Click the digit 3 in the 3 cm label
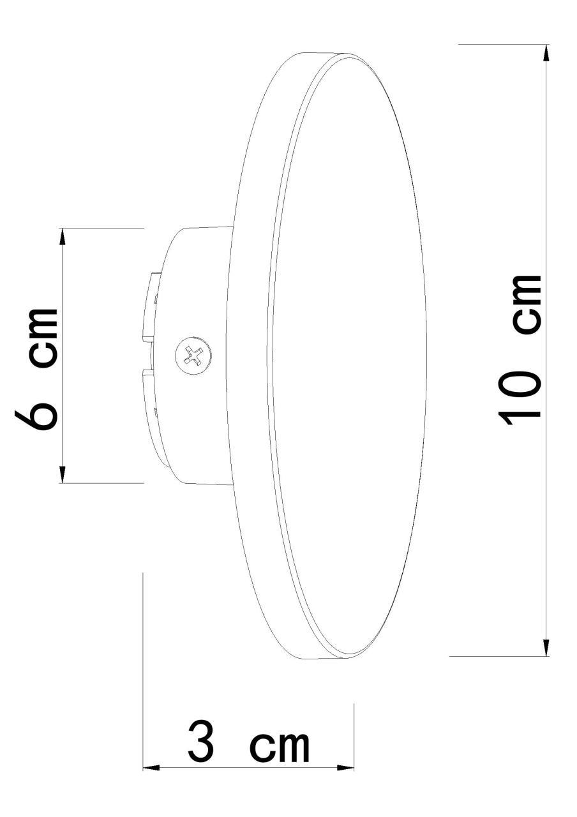(x=202, y=742)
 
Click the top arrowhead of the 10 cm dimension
(x=546, y=52)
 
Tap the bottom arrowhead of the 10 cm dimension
(x=546, y=647)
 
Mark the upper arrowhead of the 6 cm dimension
(x=63, y=236)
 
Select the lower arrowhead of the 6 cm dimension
(x=63, y=475)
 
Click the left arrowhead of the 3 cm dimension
(x=151, y=767)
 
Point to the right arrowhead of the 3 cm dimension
(x=345, y=767)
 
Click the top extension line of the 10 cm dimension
(x=498, y=44)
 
